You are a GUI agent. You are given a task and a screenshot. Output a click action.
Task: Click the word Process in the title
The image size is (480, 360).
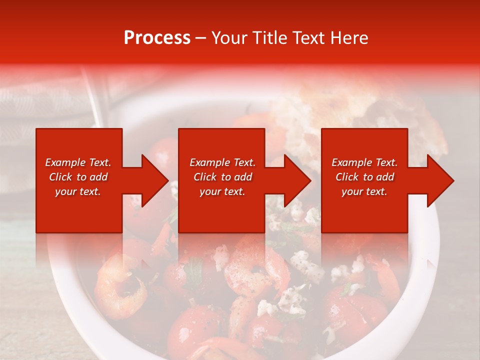(157, 38)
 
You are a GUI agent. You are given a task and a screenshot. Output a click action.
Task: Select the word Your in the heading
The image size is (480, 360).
(230, 38)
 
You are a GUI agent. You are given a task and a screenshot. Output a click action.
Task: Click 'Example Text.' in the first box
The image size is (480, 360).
(78, 162)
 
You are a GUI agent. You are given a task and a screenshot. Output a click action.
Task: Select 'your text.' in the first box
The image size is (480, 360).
(78, 191)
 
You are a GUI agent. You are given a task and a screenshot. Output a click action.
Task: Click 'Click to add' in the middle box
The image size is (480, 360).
(222, 177)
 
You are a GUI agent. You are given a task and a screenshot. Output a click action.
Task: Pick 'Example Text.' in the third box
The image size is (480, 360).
(364, 162)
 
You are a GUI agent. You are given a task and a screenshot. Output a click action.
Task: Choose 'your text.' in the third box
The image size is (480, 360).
(364, 191)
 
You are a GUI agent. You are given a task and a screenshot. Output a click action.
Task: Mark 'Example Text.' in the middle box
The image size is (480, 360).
(222, 162)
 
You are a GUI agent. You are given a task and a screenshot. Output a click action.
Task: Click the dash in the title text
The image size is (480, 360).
(201, 38)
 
